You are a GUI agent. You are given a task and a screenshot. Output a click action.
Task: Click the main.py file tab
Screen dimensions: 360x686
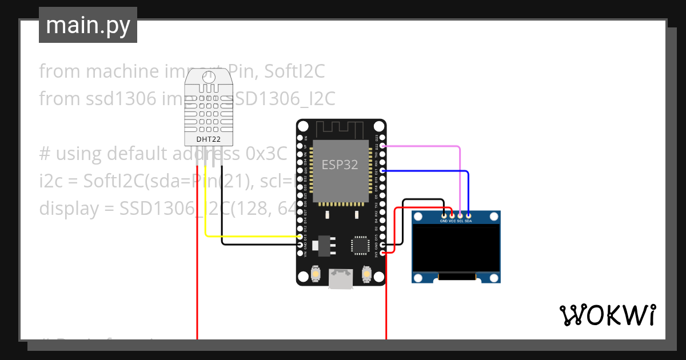point(88,25)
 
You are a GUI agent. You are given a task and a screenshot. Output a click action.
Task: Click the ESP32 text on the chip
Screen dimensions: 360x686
point(340,165)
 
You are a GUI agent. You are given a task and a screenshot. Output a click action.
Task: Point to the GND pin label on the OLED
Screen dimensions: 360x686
point(444,221)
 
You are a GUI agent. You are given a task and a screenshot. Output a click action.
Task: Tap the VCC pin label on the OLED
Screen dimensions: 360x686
point(452,221)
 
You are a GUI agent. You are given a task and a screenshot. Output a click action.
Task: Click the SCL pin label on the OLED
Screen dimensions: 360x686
point(460,221)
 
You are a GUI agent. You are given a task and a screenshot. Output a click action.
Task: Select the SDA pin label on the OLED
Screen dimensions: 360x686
point(468,221)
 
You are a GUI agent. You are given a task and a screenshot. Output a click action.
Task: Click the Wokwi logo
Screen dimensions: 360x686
point(607,315)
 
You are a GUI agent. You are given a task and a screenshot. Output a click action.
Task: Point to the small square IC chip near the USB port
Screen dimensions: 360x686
point(361,245)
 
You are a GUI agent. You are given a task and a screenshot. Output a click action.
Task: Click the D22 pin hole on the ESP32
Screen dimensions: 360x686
point(382,146)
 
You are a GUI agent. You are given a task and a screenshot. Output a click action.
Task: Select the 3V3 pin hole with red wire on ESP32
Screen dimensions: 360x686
point(382,252)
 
